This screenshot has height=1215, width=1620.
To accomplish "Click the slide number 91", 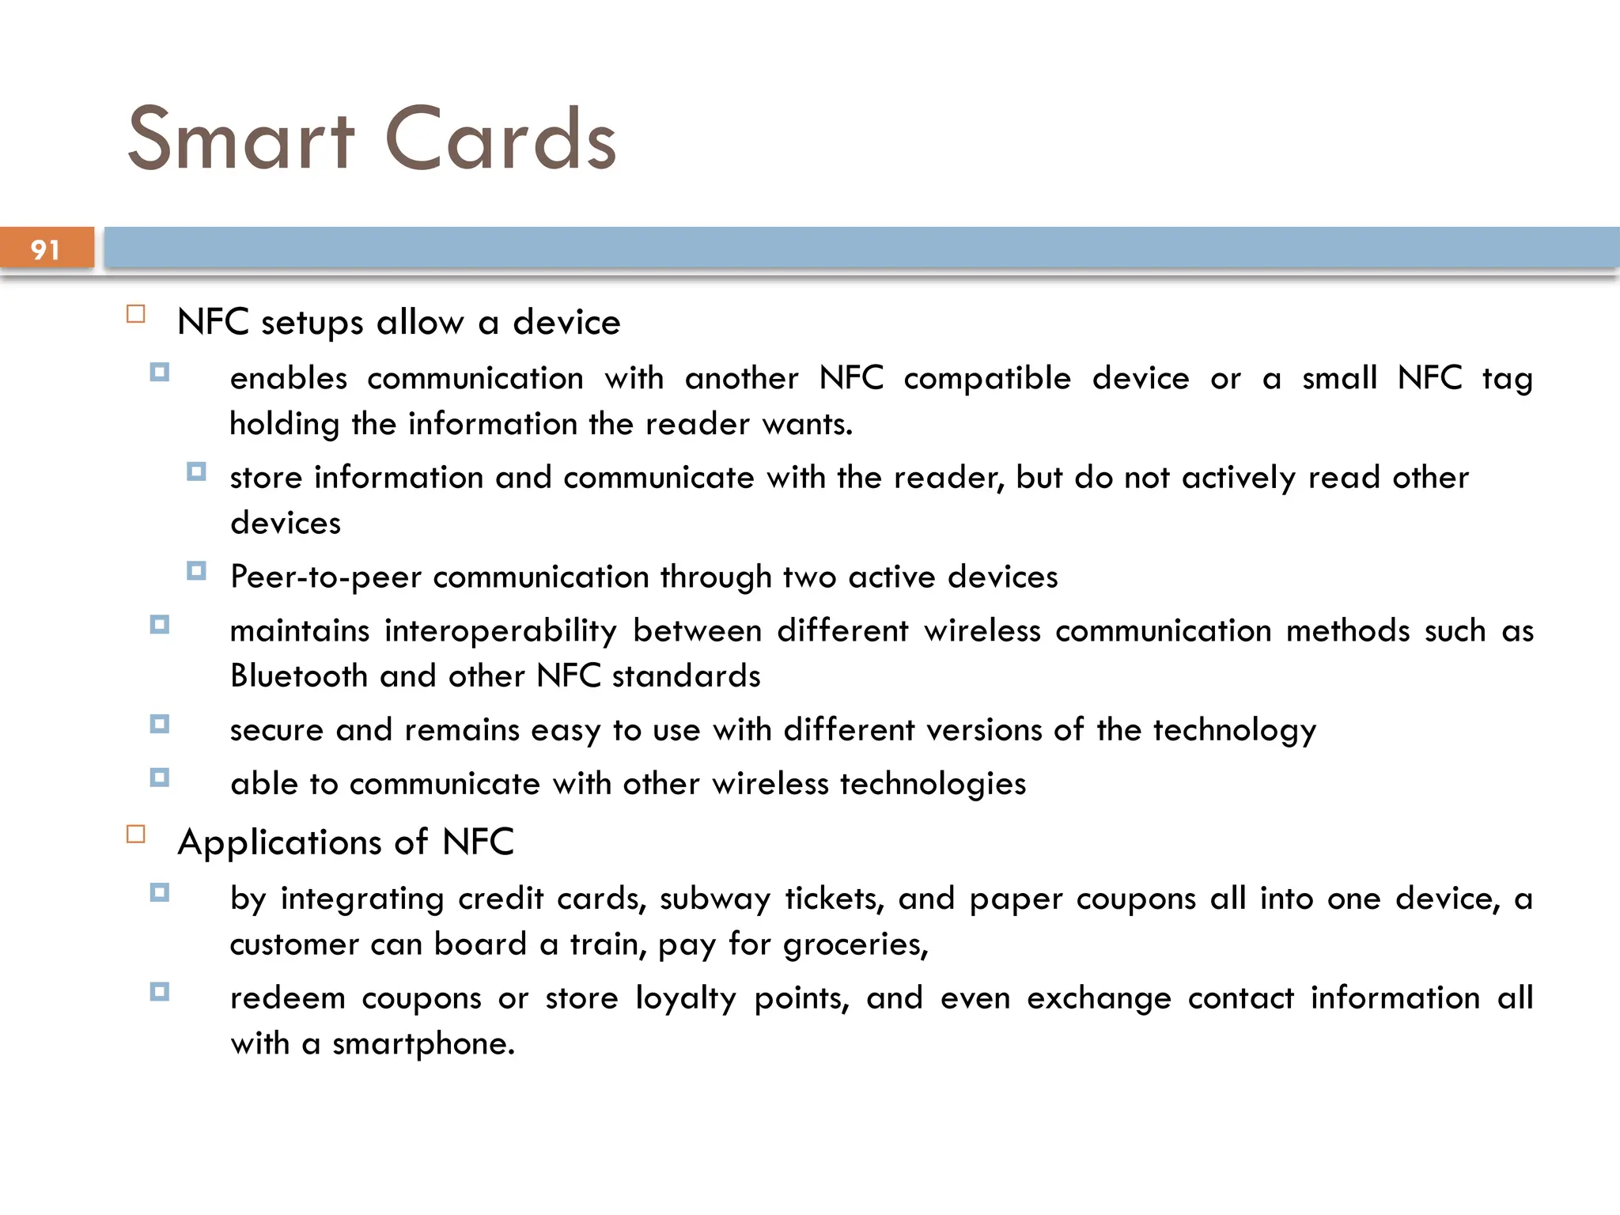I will coord(45,250).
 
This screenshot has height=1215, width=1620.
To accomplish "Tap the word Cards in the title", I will coord(500,139).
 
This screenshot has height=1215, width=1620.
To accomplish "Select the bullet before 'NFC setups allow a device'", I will coord(136,314).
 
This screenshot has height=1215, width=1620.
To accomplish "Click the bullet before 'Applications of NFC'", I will coord(136,835).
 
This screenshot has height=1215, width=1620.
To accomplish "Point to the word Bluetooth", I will coord(298,676).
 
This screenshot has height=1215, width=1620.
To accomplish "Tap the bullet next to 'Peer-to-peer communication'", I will coord(196,570).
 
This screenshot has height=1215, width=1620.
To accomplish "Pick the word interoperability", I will coord(500,631).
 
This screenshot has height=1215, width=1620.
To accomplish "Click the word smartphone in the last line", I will coord(423,1044).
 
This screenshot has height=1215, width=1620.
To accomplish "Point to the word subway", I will coord(714,899).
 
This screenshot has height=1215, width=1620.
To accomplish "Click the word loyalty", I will coord(686,998).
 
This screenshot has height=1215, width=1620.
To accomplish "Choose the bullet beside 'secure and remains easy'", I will coord(160,724).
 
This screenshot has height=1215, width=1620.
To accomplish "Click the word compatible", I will coord(986,378).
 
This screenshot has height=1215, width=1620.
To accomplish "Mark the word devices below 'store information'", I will coord(286,524).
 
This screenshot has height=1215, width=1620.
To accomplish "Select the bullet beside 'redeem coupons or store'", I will coord(160,992).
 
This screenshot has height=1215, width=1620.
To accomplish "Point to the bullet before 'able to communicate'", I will coord(160,778).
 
